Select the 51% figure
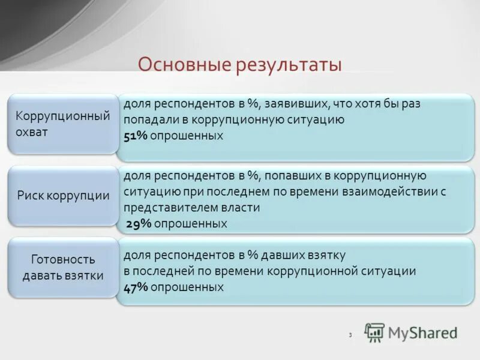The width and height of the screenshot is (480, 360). coord(136,136)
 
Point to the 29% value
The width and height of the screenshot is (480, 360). coord(138,224)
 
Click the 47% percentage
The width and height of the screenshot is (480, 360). coord(136,287)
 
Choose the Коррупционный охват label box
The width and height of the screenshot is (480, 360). coord(62,124)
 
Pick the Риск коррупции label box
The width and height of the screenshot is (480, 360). coord(62,196)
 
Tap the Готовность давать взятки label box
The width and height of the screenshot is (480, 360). coord(62,268)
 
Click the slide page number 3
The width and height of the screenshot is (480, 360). coord(350,335)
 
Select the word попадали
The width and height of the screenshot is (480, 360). coord(149,120)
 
